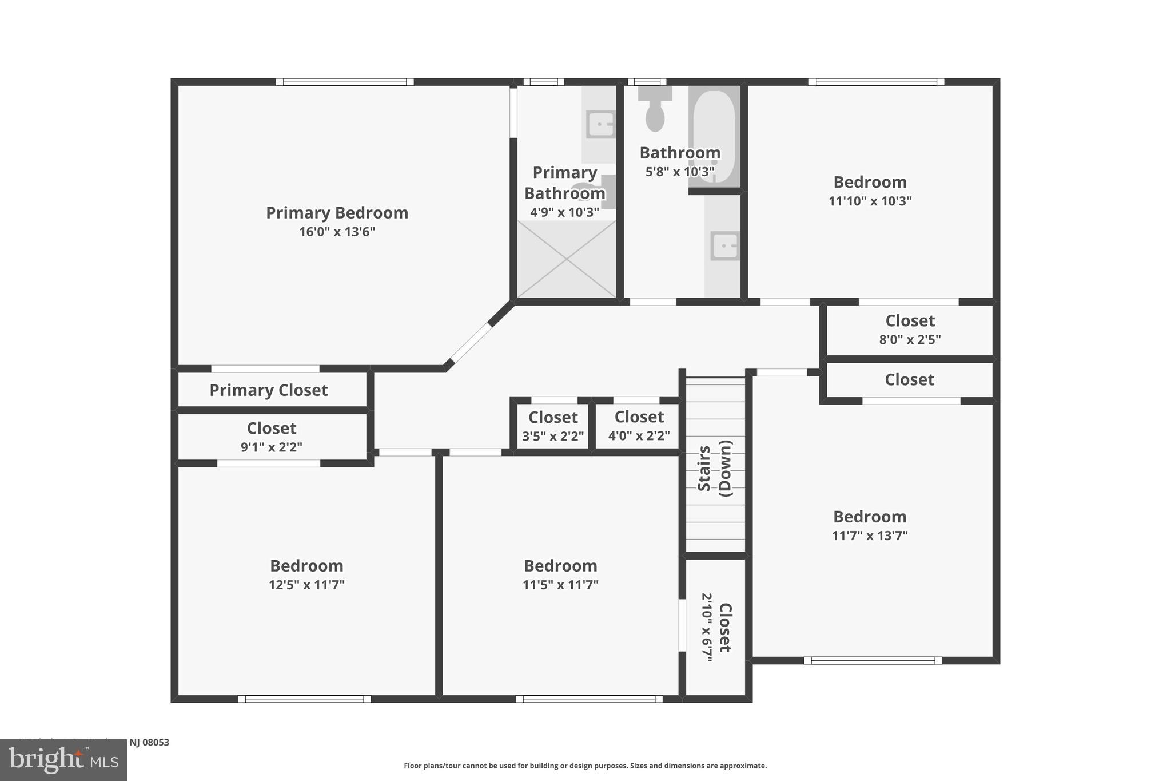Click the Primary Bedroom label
click(x=337, y=213)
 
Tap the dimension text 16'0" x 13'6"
click(x=337, y=232)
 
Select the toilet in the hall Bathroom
click(x=655, y=110)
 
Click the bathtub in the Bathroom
click(x=714, y=136)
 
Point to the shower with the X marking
click(x=566, y=259)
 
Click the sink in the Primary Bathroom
click(x=600, y=124)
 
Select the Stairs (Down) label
click(x=715, y=468)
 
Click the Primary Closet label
click(x=268, y=390)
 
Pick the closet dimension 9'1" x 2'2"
click(x=271, y=447)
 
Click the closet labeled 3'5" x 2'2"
click(x=553, y=426)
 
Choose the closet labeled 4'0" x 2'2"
click(x=639, y=426)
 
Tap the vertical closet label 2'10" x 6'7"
click(x=707, y=627)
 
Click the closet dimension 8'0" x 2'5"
click(x=910, y=339)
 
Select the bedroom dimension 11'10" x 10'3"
click(x=870, y=201)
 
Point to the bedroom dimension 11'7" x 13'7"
click(x=870, y=536)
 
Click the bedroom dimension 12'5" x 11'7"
click(x=306, y=585)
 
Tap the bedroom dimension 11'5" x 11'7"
click(x=560, y=585)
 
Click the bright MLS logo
click(x=63, y=760)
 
